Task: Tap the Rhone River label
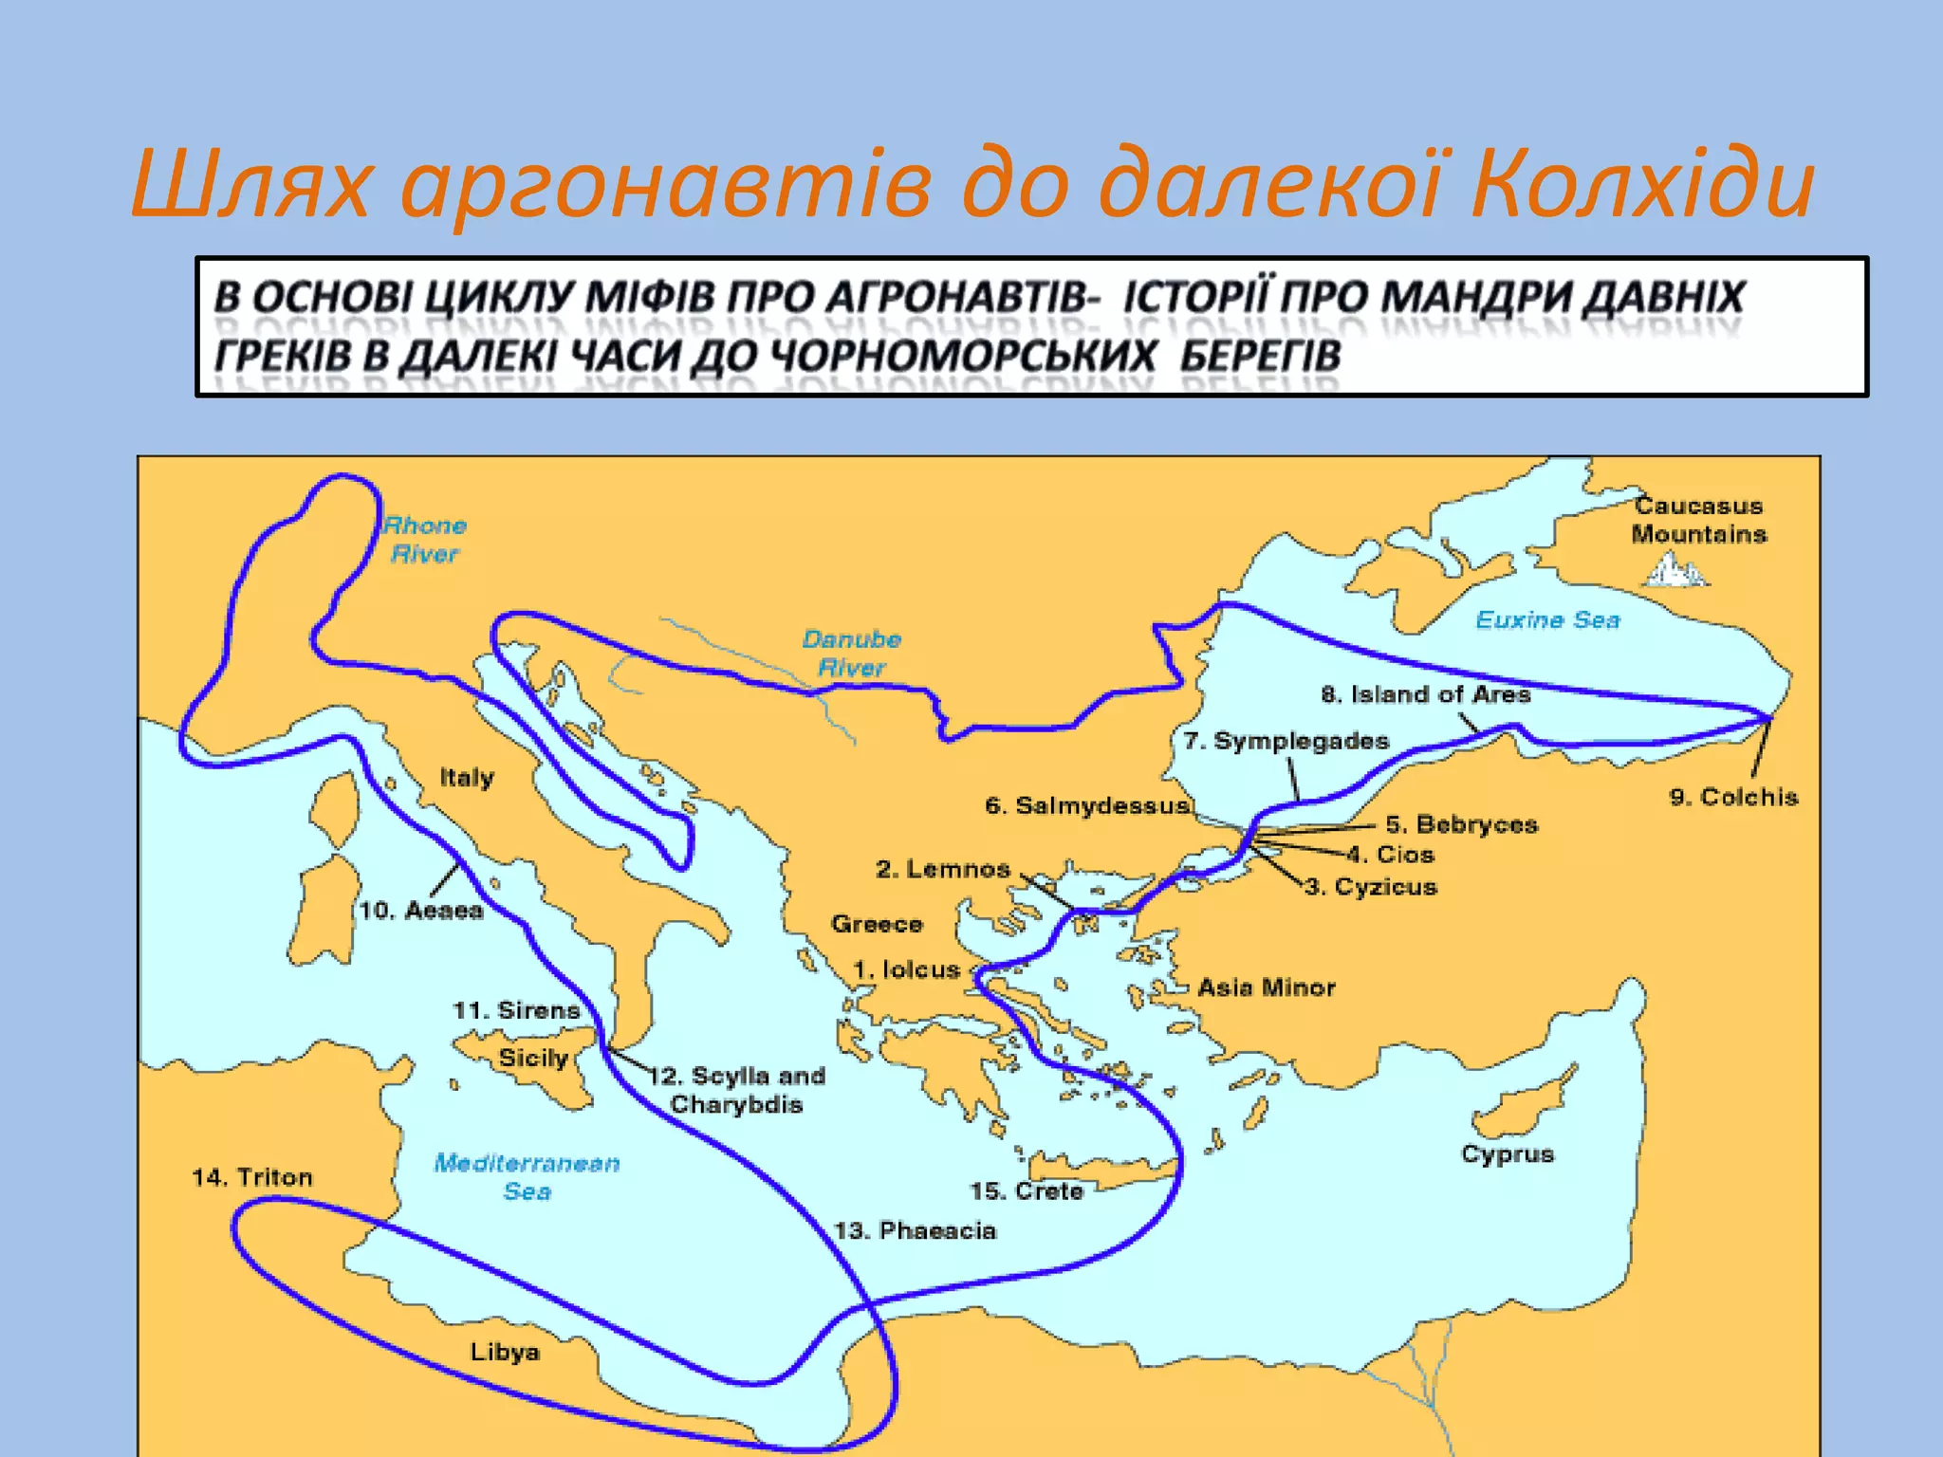(x=425, y=540)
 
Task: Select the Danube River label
(x=851, y=654)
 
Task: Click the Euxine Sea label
(x=1547, y=620)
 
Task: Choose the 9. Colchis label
(x=1733, y=797)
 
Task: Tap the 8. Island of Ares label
(x=1425, y=694)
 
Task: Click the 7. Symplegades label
(x=1286, y=741)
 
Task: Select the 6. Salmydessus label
(x=1086, y=806)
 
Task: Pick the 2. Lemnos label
(x=943, y=869)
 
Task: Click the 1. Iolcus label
(x=907, y=969)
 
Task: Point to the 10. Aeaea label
(x=421, y=911)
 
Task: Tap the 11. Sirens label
(x=516, y=1010)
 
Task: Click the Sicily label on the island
(x=533, y=1058)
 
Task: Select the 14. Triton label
(x=252, y=1177)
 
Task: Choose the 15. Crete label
(x=1027, y=1191)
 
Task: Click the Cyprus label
(x=1508, y=1154)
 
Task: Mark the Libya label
(x=505, y=1352)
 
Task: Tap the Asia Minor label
(x=1266, y=988)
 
